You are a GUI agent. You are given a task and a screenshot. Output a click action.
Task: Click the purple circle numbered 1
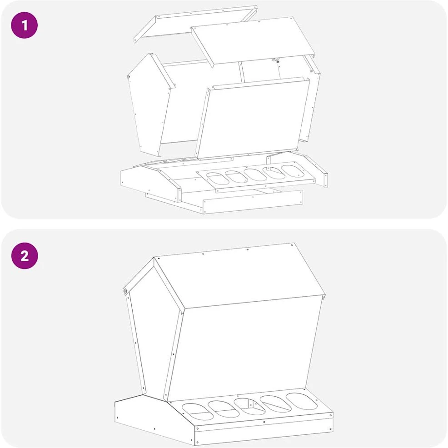pos(24,25)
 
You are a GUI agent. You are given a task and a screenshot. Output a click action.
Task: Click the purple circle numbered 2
pos(25,256)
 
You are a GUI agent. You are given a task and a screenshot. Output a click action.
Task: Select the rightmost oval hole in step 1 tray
pos(292,171)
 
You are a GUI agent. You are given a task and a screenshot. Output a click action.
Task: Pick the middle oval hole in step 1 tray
pos(255,174)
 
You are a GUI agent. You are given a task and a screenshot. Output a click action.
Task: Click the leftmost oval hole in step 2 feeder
pos(197,412)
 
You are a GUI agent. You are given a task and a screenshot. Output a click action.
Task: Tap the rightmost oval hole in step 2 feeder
pos(302,401)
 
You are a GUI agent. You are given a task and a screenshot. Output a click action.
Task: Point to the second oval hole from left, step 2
pos(224,409)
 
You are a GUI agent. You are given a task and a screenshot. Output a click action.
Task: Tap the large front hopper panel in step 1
pos(253,119)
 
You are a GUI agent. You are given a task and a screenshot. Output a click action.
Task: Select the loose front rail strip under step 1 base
pos(253,202)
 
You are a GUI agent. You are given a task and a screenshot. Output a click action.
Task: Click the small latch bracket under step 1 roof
pos(276,60)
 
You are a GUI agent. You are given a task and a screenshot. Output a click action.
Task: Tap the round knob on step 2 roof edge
pos(125,291)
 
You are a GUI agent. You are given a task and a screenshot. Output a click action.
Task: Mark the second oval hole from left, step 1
pos(236,177)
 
